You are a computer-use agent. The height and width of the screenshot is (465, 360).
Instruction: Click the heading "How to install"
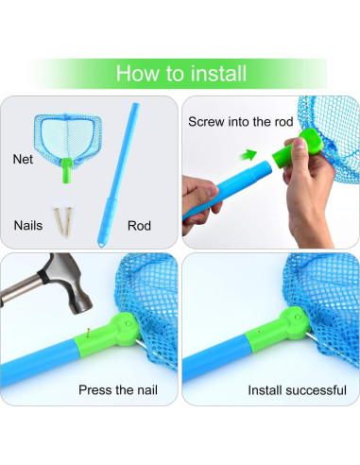click(181, 74)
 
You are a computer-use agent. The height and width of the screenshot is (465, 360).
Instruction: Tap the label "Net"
click(23, 159)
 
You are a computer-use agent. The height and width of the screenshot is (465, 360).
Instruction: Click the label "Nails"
click(28, 226)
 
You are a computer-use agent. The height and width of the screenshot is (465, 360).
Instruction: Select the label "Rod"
click(139, 226)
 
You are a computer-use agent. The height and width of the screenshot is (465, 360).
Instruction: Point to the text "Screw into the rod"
click(241, 122)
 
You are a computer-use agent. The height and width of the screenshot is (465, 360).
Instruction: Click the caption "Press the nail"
click(118, 390)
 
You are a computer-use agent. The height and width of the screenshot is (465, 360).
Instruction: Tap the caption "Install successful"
click(297, 390)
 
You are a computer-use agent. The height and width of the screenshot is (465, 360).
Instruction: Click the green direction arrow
click(249, 155)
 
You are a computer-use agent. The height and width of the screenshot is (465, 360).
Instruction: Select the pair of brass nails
click(63, 222)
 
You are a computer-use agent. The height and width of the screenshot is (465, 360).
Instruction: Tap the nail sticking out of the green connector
click(89, 333)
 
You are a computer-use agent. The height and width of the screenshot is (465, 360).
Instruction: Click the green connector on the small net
click(66, 170)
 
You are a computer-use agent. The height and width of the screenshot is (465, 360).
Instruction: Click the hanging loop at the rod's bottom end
click(101, 244)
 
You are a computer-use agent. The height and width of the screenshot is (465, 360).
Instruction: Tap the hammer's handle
click(20, 289)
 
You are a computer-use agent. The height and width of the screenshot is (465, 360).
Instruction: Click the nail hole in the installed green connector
click(259, 332)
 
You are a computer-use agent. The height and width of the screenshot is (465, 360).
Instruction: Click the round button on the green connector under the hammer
click(129, 323)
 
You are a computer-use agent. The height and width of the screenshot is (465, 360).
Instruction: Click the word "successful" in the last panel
click(316, 390)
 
